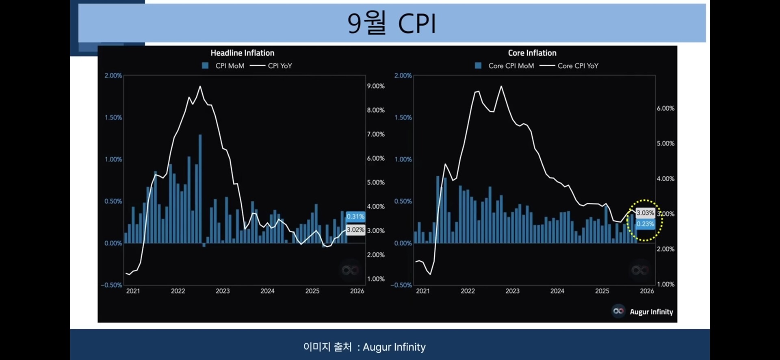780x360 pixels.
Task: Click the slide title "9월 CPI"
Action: point(392,23)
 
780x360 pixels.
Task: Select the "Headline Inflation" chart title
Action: point(242,53)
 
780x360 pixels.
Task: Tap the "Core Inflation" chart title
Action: point(532,53)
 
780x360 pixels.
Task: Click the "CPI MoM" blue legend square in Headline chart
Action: point(205,65)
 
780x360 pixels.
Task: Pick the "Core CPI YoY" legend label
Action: point(578,66)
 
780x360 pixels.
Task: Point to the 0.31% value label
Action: point(355,217)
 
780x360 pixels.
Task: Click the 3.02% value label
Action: point(355,230)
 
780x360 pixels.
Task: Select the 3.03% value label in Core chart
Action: point(645,213)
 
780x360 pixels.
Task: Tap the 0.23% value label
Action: point(645,224)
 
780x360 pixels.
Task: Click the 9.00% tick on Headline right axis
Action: point(375,86)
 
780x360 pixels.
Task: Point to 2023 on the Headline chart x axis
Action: point(223,291)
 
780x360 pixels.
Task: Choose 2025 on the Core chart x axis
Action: point(602,291)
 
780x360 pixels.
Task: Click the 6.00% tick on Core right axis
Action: point(665,108)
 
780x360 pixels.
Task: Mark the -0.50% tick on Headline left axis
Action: point(112,285)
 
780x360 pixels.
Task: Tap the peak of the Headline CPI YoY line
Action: point(200,87)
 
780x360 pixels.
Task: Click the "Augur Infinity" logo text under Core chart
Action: point(651,312)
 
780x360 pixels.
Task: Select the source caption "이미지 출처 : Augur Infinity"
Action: point(364,347)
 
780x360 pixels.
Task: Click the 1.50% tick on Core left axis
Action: point(403,117)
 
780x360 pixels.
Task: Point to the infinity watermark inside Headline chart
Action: point(350,270)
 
